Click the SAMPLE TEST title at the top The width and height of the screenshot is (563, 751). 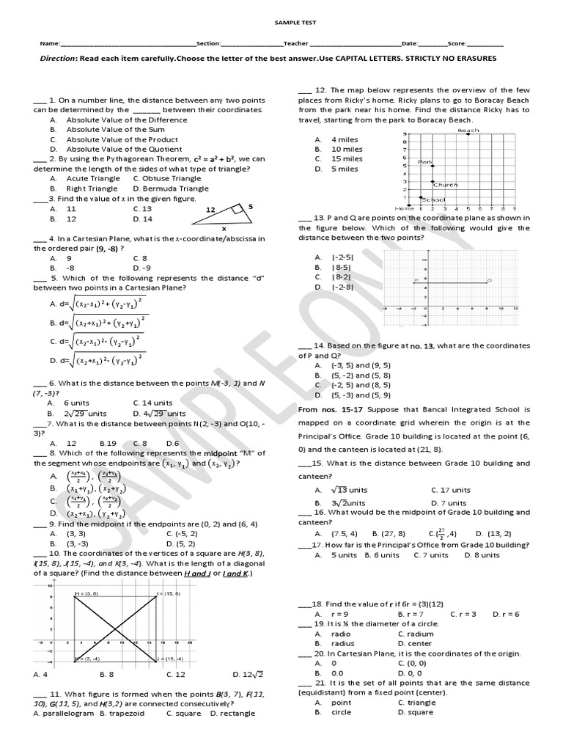pos(281,23)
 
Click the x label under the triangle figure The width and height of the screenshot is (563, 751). pos(224,228)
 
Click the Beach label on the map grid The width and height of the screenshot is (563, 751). pos(468,131)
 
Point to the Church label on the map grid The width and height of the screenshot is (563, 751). pos(446,185)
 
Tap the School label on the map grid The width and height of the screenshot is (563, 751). pos(434,199)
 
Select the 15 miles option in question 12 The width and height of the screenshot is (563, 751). pos(347,158)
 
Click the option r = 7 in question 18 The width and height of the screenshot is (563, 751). pos(411,613)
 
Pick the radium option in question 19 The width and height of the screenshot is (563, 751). pos(416,634)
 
